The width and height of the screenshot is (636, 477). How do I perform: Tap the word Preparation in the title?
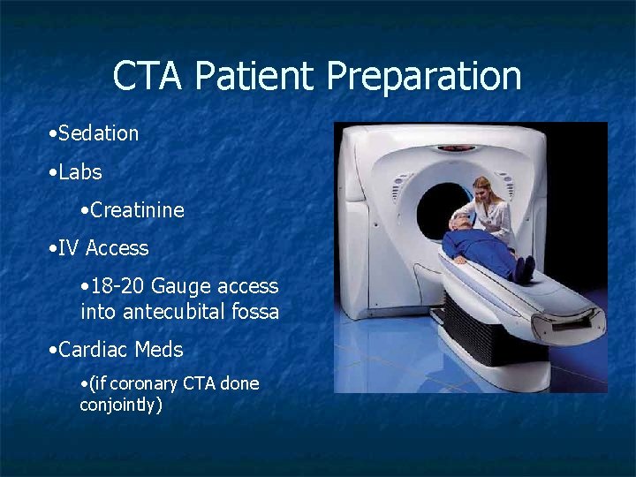click(424, 77)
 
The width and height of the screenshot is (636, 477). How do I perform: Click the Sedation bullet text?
click(98, 133)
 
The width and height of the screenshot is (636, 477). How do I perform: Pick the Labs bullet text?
click(79, 171)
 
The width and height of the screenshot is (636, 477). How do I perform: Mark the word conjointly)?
click(121, 405)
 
